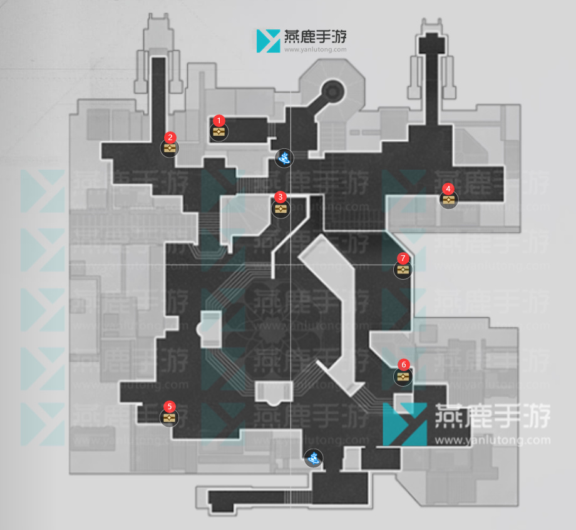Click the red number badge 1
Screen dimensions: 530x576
pos(219,119)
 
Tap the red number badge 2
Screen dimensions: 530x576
pos(170,136)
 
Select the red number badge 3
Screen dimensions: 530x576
pos(280,196)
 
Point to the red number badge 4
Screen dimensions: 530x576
pos(448,188)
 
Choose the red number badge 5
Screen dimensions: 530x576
pos(169,406)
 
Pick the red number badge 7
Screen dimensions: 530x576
pos(403,258)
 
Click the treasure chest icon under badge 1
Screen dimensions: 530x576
pos(219,132)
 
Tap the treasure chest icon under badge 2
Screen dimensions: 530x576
pos(170,148)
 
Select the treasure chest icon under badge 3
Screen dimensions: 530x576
pos(280,209)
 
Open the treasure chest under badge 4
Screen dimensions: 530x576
pos(448,200)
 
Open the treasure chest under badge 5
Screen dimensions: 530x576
pos(168,418)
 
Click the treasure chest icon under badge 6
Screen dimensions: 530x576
pos(403,377)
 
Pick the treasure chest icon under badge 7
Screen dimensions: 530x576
pos(403,270)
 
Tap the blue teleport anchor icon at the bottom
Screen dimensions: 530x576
pos(313,459)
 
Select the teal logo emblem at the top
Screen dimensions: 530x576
pos(269,40)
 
